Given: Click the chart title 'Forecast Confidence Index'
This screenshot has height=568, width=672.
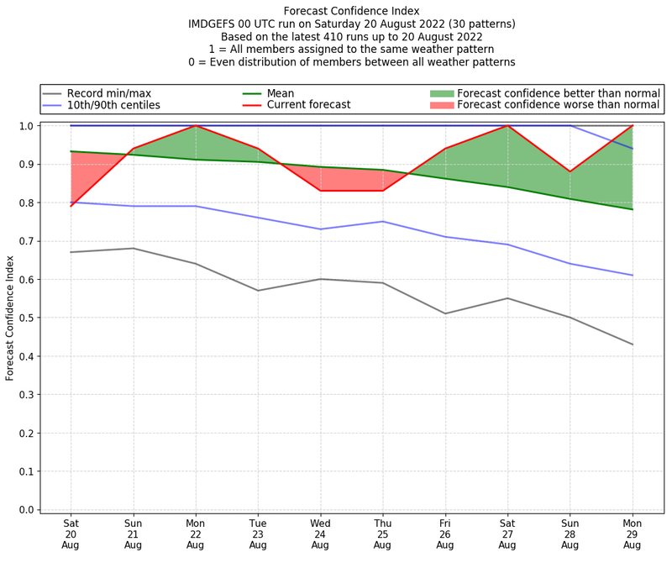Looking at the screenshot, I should tap(351, 11).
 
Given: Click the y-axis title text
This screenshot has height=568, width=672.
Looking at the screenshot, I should tap(10, 318).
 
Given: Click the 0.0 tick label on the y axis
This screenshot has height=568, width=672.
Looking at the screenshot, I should tap(25, 510).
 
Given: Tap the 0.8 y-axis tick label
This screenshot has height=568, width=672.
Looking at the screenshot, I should tap(25, 202).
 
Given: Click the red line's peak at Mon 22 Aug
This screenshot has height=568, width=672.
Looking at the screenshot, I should tap(196, 126).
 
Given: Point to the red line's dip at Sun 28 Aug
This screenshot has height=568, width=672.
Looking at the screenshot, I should tap(570, 171).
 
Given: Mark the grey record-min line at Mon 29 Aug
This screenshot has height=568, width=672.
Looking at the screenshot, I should tap(632, 344).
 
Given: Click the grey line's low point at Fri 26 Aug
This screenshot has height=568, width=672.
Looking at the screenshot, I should tap(445, 313).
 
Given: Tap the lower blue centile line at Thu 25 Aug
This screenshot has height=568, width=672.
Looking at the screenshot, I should tap(382, 222).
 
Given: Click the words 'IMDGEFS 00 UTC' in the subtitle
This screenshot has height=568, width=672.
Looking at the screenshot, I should tap(232, 24).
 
